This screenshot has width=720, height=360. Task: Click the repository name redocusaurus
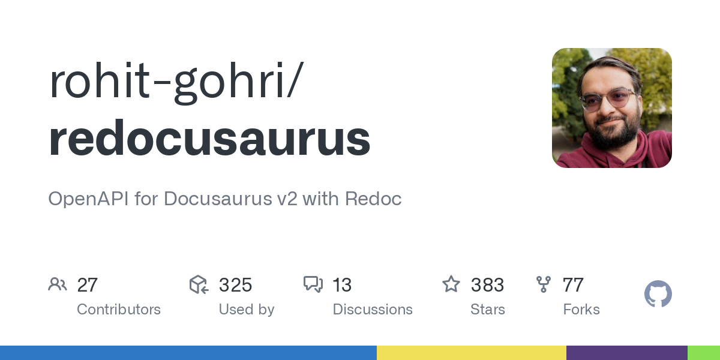coord(209,137)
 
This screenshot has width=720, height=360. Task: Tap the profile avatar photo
coord(611,107)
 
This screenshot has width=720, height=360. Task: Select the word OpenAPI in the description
coord(88,199)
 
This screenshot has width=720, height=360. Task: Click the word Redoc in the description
coord(373,199)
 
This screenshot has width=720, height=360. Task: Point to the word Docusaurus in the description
coord(218,199)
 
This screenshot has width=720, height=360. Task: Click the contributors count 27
coord(87,285)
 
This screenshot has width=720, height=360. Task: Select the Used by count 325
coord(235,285)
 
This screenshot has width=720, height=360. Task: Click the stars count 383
coord(487,285)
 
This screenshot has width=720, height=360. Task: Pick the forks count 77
coord(573,285)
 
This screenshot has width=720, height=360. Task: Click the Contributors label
coord(119,310)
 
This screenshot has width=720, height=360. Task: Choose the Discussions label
coord(373,310)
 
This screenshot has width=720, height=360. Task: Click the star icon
coord(451,284)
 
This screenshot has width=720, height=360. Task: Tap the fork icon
coord(544,284)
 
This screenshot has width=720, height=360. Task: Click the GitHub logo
coord(658,294)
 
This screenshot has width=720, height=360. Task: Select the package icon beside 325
coord(199,284)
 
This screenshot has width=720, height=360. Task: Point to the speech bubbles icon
coord(313,284)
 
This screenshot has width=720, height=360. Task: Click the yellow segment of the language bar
coord(472,353)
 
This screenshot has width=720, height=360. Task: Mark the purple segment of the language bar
coord(627,353)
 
